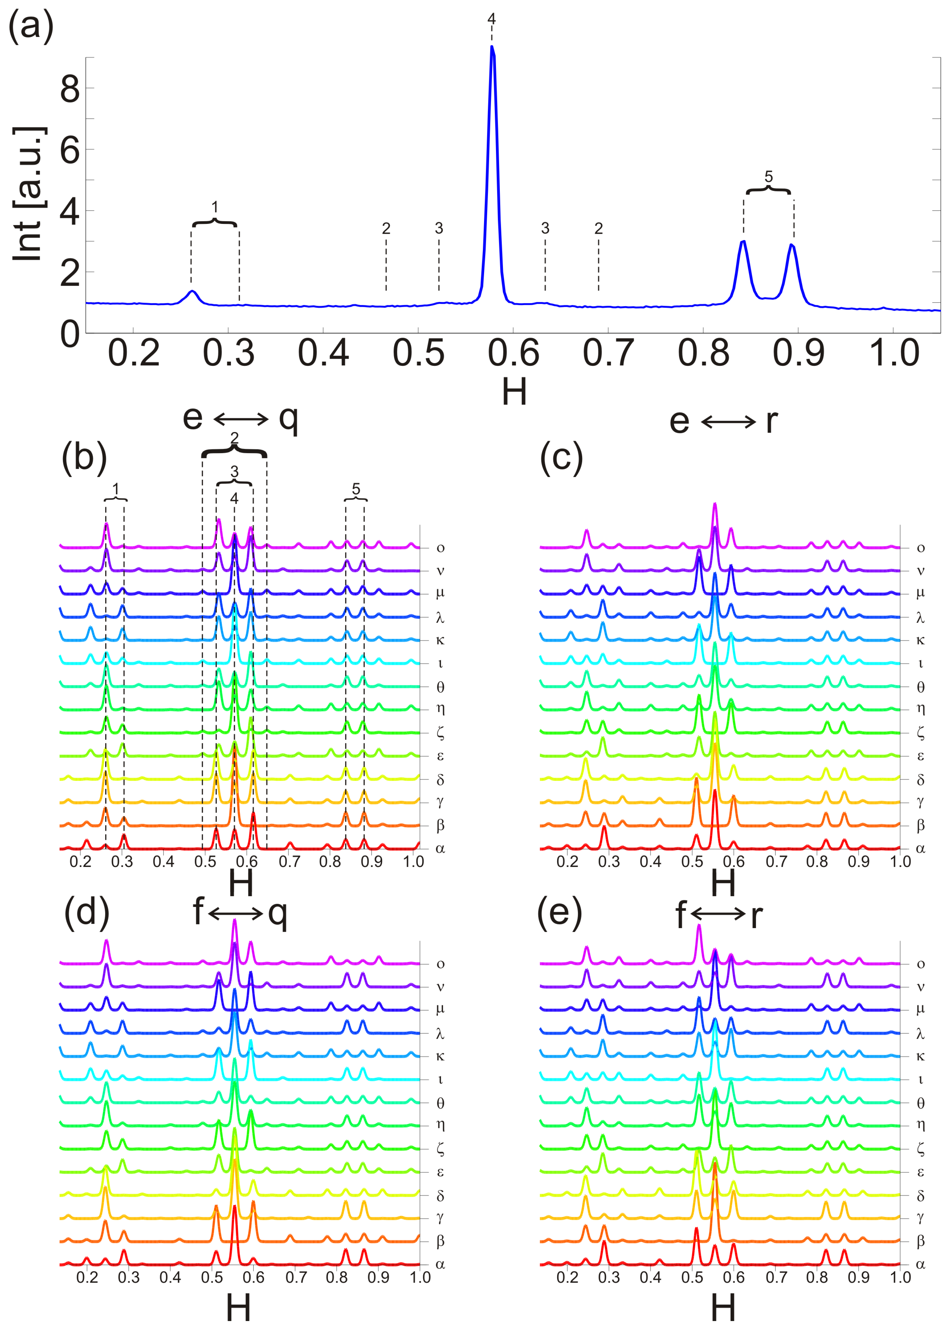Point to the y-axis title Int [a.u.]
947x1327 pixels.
click(x=28, y=194)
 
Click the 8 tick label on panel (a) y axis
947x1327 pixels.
click(x=70, y=89)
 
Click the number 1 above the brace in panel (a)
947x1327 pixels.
click(x=215, y=207)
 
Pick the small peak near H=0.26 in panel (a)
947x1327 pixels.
click(x=192, y=292)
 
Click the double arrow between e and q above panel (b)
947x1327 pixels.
click(x=241, y=419)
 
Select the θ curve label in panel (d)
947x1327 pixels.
click(x=440, y=1103)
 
